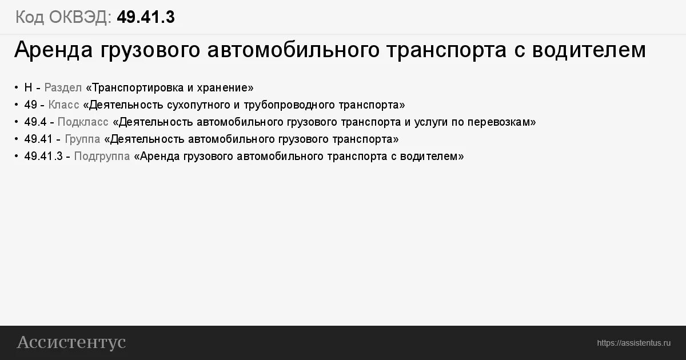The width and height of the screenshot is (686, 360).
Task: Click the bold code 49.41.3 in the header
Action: (146, 18)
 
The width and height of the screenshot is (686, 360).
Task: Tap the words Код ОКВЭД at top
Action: (63, 18)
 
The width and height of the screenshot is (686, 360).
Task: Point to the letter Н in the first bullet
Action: (28, 88)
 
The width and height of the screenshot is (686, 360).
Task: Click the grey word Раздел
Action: (63, 88)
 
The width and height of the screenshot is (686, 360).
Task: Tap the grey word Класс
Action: (63, 105)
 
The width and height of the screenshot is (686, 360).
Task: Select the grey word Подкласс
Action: (83, 122)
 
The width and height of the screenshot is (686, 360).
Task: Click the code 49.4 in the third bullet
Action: (35, 122)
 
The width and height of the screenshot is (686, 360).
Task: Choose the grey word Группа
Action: (82, 139)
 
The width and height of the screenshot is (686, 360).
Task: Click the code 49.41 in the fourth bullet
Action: (38, 139)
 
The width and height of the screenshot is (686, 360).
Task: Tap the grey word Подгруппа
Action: (102, 157)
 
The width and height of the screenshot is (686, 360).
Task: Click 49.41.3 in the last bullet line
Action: (43, 157)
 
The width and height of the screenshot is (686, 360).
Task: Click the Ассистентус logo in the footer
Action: (71, 342)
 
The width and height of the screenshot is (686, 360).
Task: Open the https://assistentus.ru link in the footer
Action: (633, 343)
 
